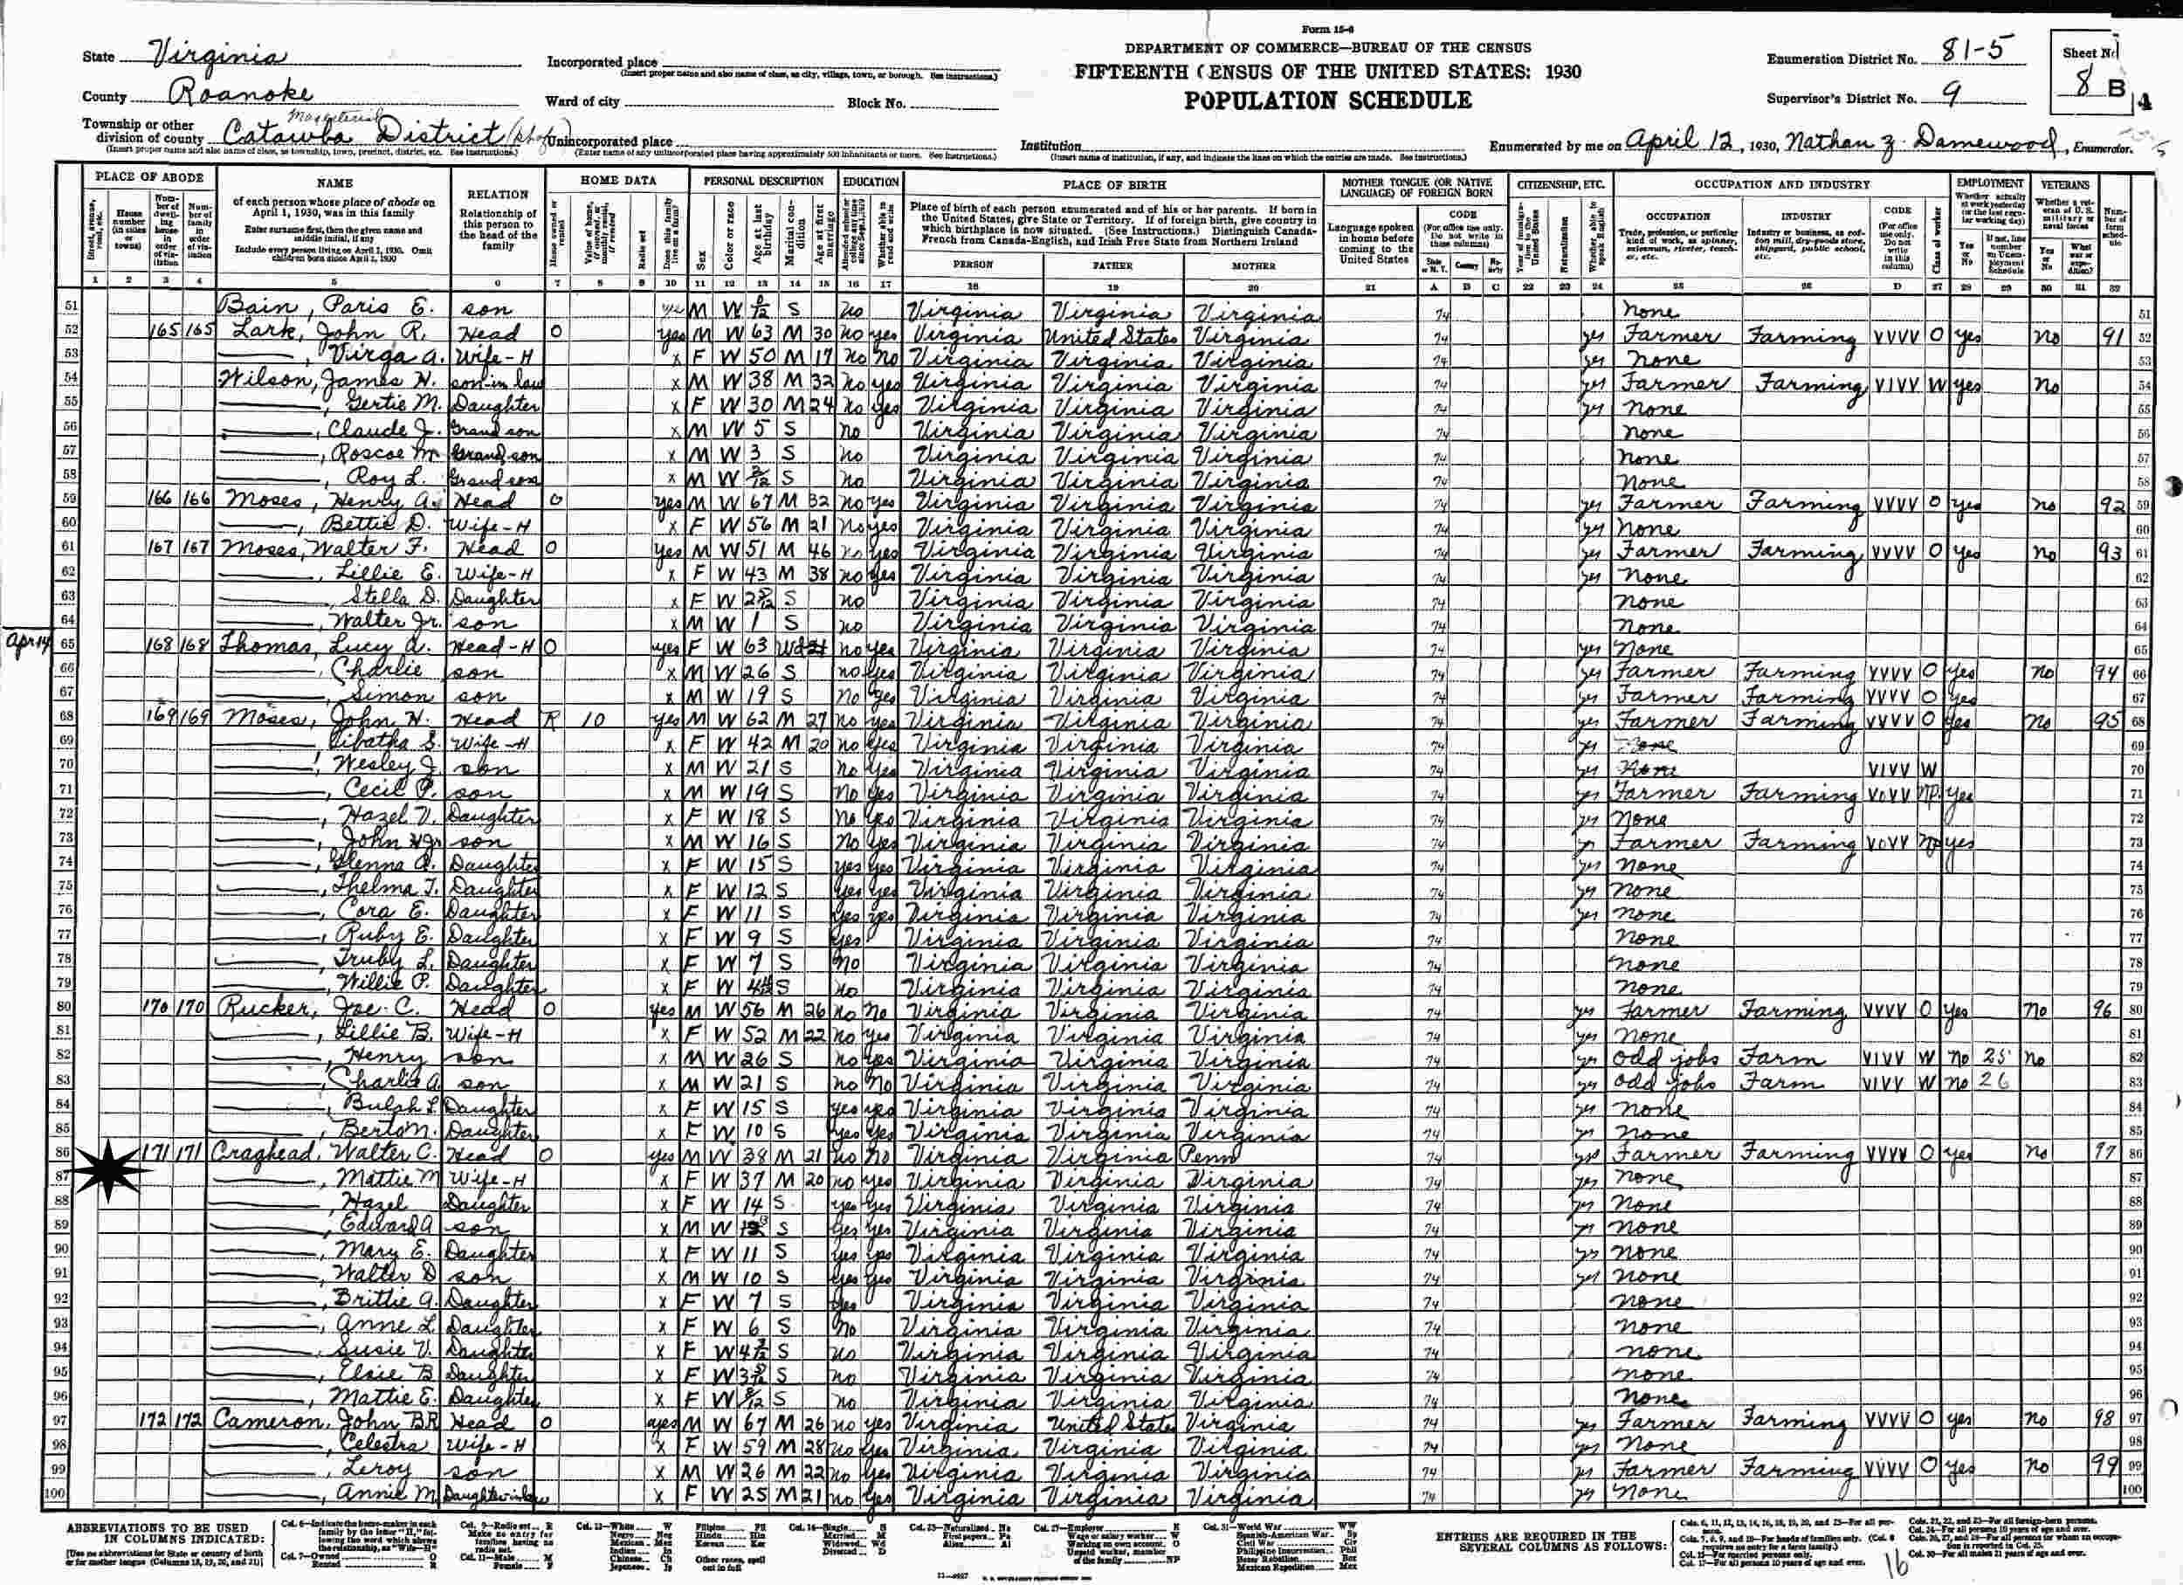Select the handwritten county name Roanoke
point(241,94)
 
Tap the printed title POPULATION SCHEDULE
point(1327,100)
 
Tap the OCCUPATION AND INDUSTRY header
point(1781,183)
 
